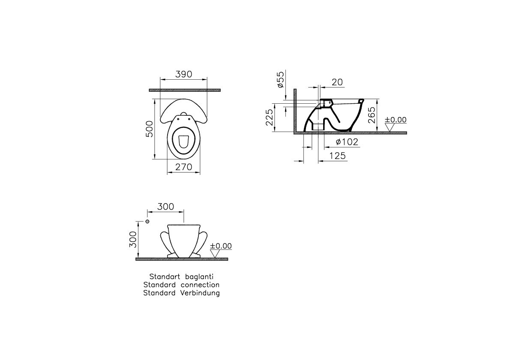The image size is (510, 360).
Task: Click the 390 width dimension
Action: [x=184, y=74]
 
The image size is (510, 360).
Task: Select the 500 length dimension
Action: [x=149, y=129]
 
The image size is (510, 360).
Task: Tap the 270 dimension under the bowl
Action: [x=184, y=167]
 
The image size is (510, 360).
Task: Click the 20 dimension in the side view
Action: [x=337, y=82]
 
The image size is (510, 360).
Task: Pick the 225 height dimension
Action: [x=270, y=117]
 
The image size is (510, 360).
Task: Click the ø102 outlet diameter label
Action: [x=347, y=142]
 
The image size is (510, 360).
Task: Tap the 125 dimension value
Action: [x=337, y=156]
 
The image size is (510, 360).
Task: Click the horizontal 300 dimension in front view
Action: [x=165, y=207]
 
